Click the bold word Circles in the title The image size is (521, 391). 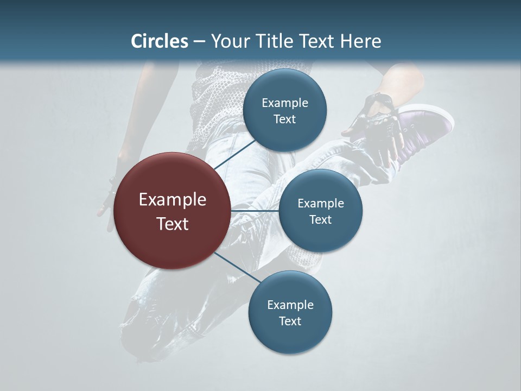[x=160, y=41]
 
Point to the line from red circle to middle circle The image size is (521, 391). [x=255, y=210]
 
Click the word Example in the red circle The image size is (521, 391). [x=173, y=200]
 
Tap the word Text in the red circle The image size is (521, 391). [x=173, y=224]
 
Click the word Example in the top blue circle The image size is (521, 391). [x=285, y=103]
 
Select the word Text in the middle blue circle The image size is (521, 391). [x=320, y=219]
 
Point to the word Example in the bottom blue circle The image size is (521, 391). [x=290, y=305]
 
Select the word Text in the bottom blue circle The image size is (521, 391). [x=290, y=321]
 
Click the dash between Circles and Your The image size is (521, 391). [x=199, y=41]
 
